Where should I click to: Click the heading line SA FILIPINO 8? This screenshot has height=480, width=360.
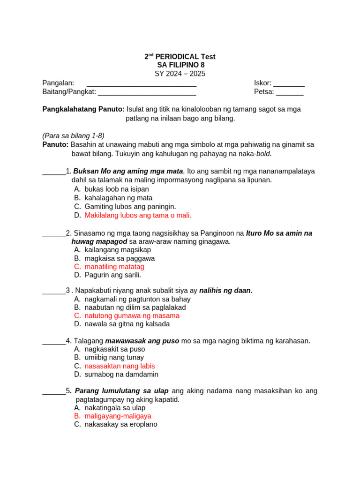180,65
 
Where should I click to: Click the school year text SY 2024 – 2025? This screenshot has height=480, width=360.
180,74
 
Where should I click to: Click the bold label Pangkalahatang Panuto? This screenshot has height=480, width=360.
83,109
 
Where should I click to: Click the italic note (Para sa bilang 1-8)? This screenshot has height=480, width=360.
73,135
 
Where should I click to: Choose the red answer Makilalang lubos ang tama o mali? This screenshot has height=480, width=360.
138,215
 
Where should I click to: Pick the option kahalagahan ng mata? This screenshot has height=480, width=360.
119,198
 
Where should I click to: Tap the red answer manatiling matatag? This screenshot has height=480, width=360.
114,267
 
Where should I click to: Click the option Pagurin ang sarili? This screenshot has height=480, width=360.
113,275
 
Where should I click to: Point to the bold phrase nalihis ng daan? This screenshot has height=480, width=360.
226,291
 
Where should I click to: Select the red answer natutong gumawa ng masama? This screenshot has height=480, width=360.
132,315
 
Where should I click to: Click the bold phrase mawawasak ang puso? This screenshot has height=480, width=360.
142,341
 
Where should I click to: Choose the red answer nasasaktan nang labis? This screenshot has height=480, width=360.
120,366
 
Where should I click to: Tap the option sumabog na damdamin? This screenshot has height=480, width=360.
121,375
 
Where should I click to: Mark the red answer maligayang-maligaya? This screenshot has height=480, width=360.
118,416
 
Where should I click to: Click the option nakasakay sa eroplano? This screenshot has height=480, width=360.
121,424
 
